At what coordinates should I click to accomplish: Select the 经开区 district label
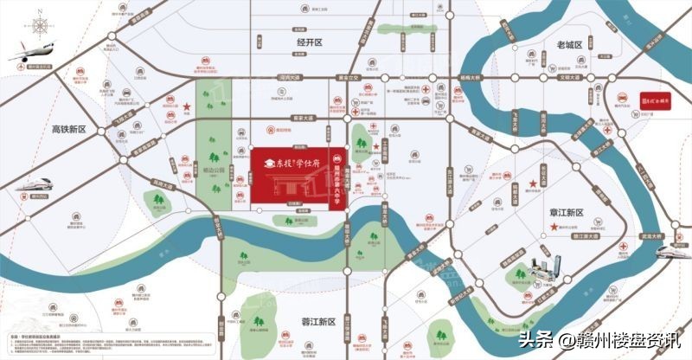click(x=309, y=42)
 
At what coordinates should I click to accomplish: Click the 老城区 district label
click(x=574, y=43)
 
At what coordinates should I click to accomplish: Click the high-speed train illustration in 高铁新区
click(x=30, y=186)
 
